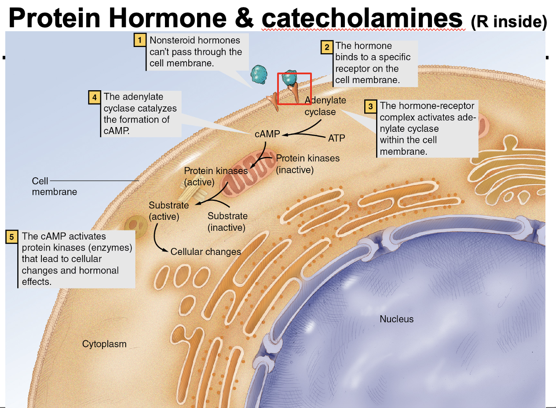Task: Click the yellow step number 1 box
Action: point(140,40)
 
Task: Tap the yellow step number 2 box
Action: point(326,47)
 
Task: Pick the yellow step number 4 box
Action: point(94,97)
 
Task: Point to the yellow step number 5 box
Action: point(12,237)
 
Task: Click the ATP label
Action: point(337,138)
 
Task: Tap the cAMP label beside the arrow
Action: point(267,134)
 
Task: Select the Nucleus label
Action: point(396,319)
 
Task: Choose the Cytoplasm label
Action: point(104,344)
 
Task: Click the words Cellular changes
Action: point(205,252)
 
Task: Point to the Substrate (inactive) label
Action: point(227,222)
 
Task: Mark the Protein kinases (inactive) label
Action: point(307,164)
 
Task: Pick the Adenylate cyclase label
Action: point(325,106)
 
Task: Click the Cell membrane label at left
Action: point(54,186)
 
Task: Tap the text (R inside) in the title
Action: point(508,21)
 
